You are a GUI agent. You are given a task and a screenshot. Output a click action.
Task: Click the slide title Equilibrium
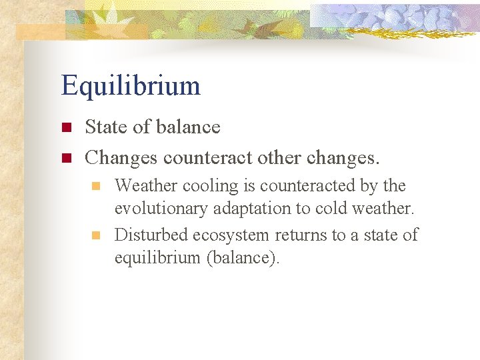tap(131, 86)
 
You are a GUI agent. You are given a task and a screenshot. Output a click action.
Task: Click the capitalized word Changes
tap(121, 159)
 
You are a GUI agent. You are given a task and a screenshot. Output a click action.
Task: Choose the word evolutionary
tap(161, 209)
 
